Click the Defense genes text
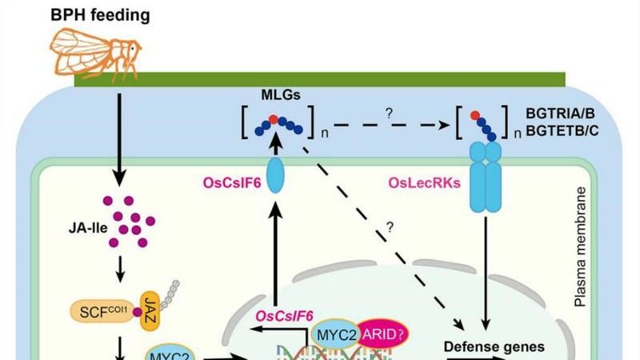coord(482,346)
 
